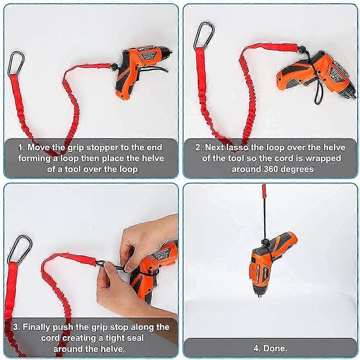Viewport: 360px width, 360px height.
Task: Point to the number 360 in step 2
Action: [271, 169]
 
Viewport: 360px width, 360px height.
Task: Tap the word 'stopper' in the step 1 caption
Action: [105, 148]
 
